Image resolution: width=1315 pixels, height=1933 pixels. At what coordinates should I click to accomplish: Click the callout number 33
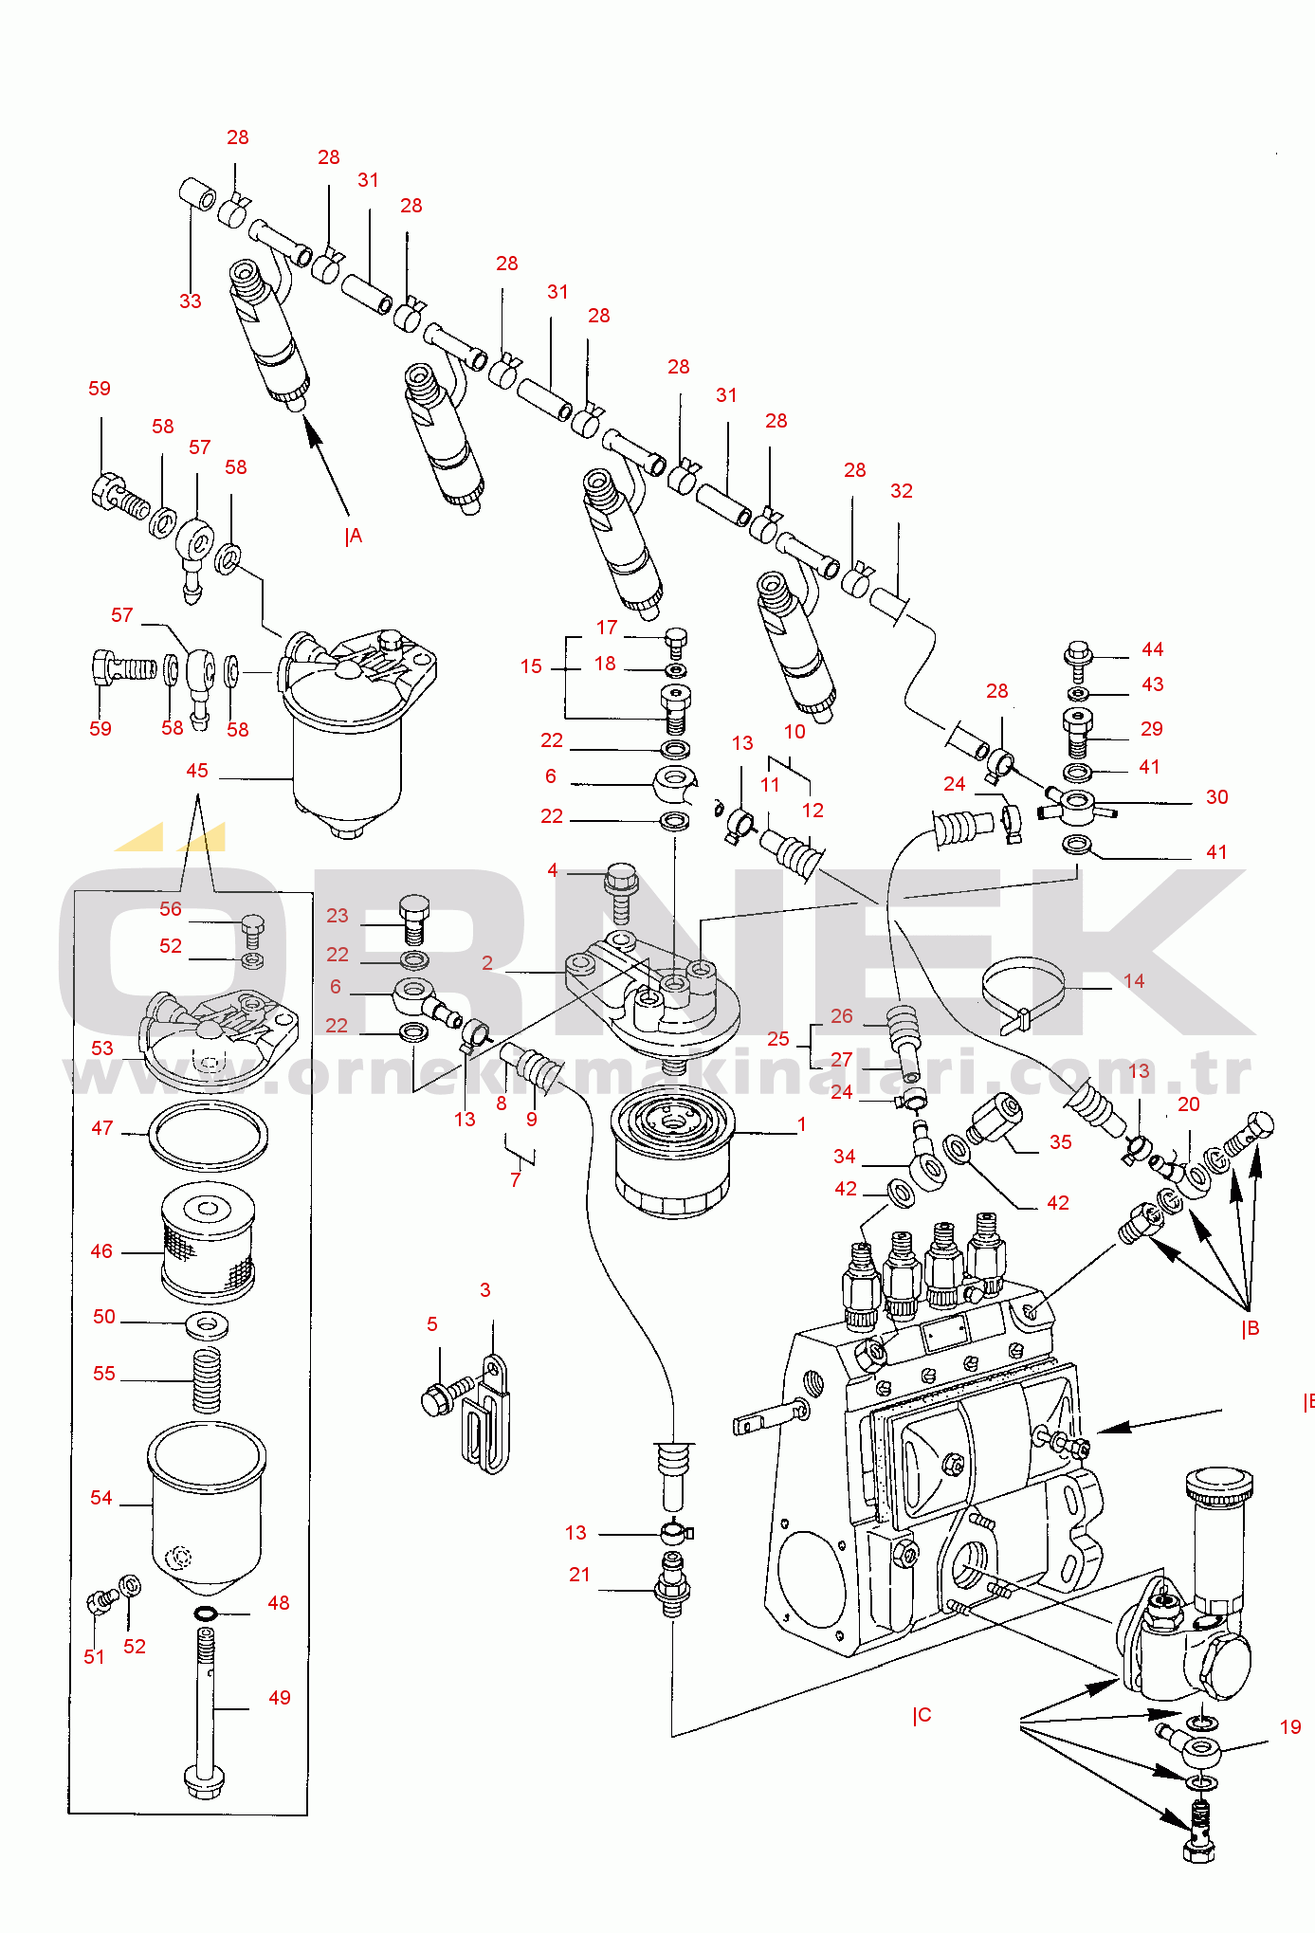point(191,301)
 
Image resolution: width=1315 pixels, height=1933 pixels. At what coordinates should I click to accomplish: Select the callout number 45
point(197,771)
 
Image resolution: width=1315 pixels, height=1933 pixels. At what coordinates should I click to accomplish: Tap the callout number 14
point(1134,981)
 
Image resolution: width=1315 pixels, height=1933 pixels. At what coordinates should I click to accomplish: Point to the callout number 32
point(902,491)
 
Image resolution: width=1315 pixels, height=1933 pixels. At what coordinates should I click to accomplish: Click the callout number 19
point(1290,1727)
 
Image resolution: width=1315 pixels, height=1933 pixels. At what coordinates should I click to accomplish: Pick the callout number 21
point(579,1575)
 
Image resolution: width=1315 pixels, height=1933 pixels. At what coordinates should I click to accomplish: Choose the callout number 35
point(1061,1142)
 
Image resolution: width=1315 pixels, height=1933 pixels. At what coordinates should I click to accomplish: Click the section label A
point(354,537)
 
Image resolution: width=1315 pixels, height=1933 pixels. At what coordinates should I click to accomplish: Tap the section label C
point(922,1715)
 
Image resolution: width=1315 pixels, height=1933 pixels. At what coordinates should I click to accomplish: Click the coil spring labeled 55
point(207,1379)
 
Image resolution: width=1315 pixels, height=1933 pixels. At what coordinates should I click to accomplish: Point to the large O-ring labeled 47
point(208,1136)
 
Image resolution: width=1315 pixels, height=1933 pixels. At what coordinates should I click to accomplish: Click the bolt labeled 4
point(621,892)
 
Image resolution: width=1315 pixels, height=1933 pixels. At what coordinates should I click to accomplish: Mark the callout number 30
point(1217,797)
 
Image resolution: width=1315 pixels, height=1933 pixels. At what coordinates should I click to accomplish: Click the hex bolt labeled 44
point(1078,661)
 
